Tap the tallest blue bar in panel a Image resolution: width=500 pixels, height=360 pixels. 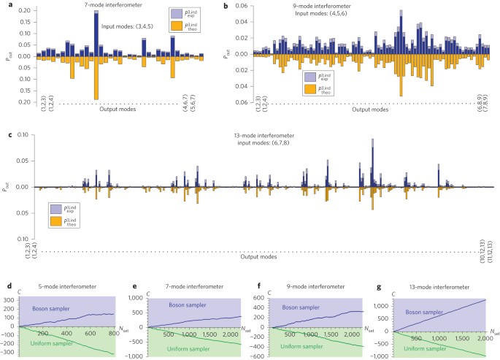pyautogui.click(x=96, y=33)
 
